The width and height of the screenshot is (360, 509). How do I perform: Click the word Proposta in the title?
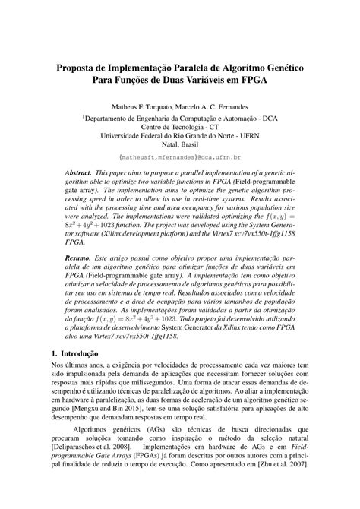pos(78,68)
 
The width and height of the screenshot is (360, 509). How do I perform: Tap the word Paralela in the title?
pos(202,68)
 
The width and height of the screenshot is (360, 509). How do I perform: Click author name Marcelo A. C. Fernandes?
pos(219,107)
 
